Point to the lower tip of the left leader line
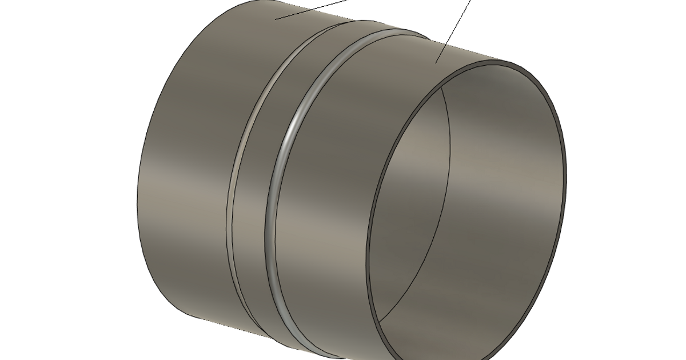276,19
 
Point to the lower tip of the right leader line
436,62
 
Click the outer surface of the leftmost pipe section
183,171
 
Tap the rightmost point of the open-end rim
565,177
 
